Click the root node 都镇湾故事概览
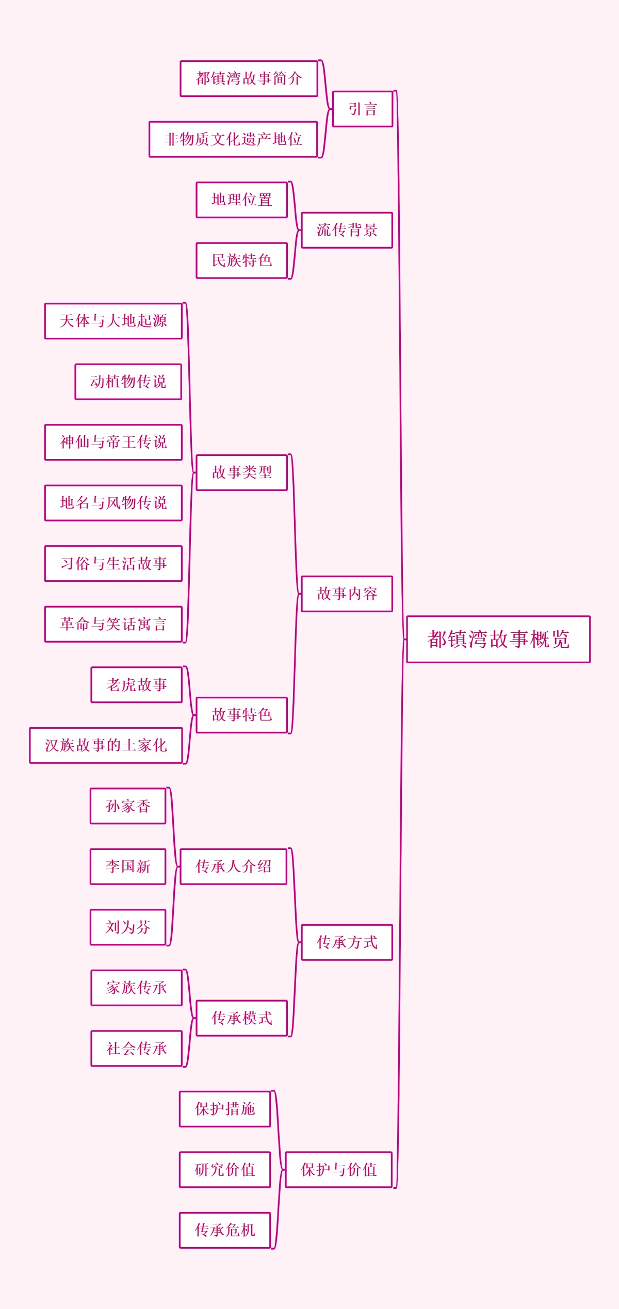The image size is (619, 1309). (x=498, y=639)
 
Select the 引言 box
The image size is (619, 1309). (x=363, y=109)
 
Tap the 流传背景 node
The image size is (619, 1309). (x=347, y=230)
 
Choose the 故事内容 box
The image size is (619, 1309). (x=347, y=594)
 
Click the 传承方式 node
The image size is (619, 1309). (x=347, y=942)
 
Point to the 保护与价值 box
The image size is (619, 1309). (x=338, y=1170)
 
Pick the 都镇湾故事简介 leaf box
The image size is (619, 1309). (x=249, y=78)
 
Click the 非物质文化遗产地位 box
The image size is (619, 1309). (x=233, y=139)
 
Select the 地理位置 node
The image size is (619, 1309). (x=241, y=200)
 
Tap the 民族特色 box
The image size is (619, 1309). (x=241, y=260)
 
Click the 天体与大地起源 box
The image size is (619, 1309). (x=113, y=321)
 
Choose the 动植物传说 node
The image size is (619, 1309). (x=128, y=382)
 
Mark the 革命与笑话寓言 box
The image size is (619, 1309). (x=113, y=624)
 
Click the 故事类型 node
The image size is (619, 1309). (x=241, y=472)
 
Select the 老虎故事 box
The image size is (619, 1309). (x=137, y=685)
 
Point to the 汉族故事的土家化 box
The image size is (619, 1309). (x=106, y=745)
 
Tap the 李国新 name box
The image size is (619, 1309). (x=128, y=866)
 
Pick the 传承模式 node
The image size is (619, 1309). (x=241, y=1018)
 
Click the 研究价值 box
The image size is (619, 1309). (x=225, y=1170)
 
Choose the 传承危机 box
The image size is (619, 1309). (x=225, y=1230)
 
